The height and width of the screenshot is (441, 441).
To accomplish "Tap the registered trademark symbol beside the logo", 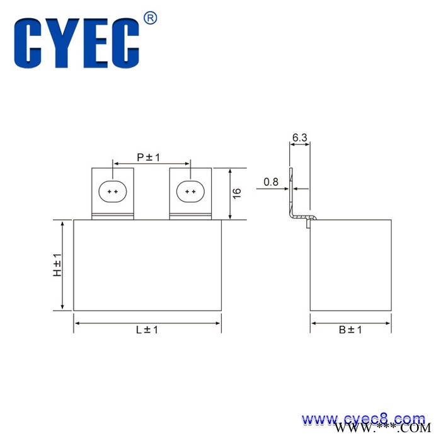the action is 151,18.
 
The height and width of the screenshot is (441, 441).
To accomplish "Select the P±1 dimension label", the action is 148,157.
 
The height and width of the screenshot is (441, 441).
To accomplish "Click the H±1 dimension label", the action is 57,265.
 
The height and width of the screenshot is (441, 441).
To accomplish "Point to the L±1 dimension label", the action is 147,329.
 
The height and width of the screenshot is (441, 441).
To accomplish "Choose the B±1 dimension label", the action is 350,329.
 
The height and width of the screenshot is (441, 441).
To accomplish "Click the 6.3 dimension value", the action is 299,137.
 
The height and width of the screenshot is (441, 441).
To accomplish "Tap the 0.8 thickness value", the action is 271,182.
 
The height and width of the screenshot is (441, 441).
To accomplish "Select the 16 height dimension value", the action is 237,193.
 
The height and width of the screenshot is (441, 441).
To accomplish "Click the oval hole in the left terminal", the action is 113,192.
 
